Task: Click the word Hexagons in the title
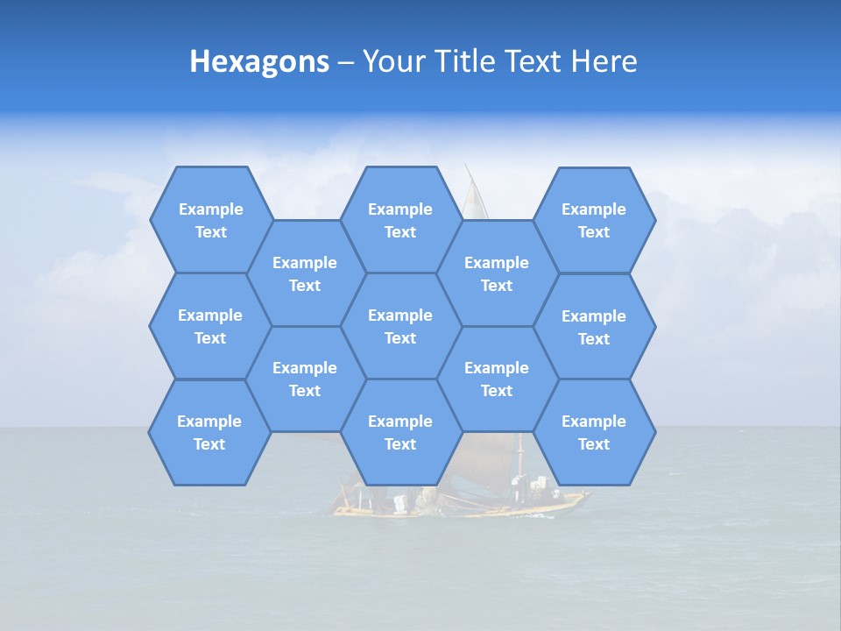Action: (x=259, y=61)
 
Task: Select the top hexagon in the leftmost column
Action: (x=210, y=220)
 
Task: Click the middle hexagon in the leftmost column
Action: (x=210, y=326)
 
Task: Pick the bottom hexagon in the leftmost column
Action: (x=209, y=432)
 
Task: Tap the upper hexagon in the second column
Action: (x=305, y=273)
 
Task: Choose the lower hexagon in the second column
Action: (x=305, y=379)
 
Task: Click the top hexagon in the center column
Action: (x=400, y=220)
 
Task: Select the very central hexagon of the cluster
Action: (x=400, y=326)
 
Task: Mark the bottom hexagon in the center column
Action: (x=400, y=432)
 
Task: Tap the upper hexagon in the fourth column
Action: (x=497, y=273)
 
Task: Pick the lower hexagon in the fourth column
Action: (x=497, y=379)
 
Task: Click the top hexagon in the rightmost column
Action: (x=594, y=220)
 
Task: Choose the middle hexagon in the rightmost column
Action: (x=594, y=327)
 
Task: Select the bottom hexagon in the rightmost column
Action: (x=594, y=432)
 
